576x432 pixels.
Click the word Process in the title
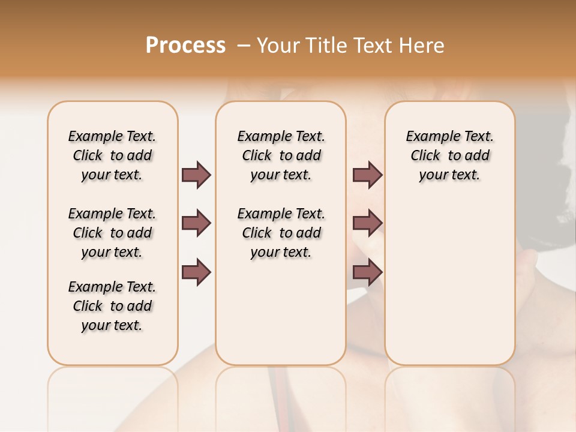click(x=185, y=46)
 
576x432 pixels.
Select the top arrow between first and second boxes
click(x=196, y=175)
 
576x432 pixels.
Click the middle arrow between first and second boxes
click(x=196, y=223)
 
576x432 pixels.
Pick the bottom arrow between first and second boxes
click(x=196, y=272)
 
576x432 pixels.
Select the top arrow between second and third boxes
click(x=367, y=175)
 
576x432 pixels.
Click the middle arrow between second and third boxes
click(x=367, y=223)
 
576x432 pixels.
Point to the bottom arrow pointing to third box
click(x=367, y=272)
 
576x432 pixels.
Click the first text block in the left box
click(x=112, y=155)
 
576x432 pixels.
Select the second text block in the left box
click(x=112, y=233)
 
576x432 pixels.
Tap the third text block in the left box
click(x=112, y=306)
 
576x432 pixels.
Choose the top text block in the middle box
click(x=281, y=155)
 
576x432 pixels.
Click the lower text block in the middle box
click(x=281, y=233)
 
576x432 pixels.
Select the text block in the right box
click(x=449, y=155)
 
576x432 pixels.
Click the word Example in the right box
click(x=428, y=136)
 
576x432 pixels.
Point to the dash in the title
click(x=243, y=46)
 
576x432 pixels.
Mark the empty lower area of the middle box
click(x=281, y=312)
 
